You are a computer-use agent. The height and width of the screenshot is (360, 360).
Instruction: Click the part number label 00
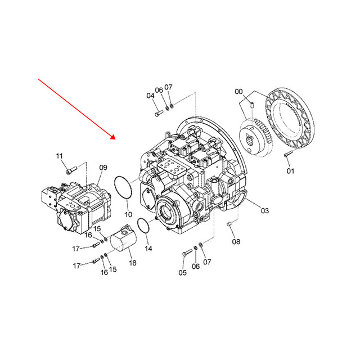click(x=239, y=92)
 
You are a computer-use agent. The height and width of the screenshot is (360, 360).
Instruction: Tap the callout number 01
click(x=290, y=170)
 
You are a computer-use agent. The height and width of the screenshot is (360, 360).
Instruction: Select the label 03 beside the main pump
click(x=264, y=210)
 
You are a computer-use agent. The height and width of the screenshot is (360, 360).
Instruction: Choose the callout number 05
click(x=182, y=273)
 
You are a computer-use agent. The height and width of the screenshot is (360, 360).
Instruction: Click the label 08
click(x=236, y=242)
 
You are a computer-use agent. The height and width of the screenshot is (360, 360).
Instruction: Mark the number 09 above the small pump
click(x=103, y=168)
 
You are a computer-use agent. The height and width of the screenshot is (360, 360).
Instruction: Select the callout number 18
click(x=132, y=263)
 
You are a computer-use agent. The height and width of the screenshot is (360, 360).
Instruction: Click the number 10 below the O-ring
click(x=128, y=214)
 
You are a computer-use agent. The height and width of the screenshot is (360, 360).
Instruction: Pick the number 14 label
click(x=148, y=247)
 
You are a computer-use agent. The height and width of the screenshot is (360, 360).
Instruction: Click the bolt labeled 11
click(x=69, y=170)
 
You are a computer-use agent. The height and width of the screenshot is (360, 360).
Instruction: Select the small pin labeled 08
click(x=229, y=226)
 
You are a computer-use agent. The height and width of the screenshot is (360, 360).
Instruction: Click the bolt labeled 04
click(x=157, y=114)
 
